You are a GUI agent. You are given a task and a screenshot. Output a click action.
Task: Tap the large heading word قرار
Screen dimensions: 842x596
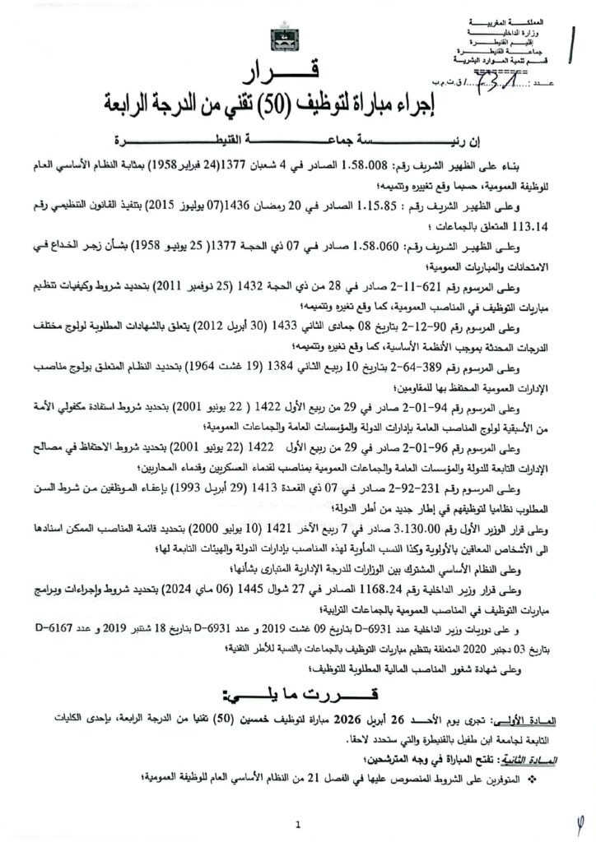[x=295, y=76]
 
